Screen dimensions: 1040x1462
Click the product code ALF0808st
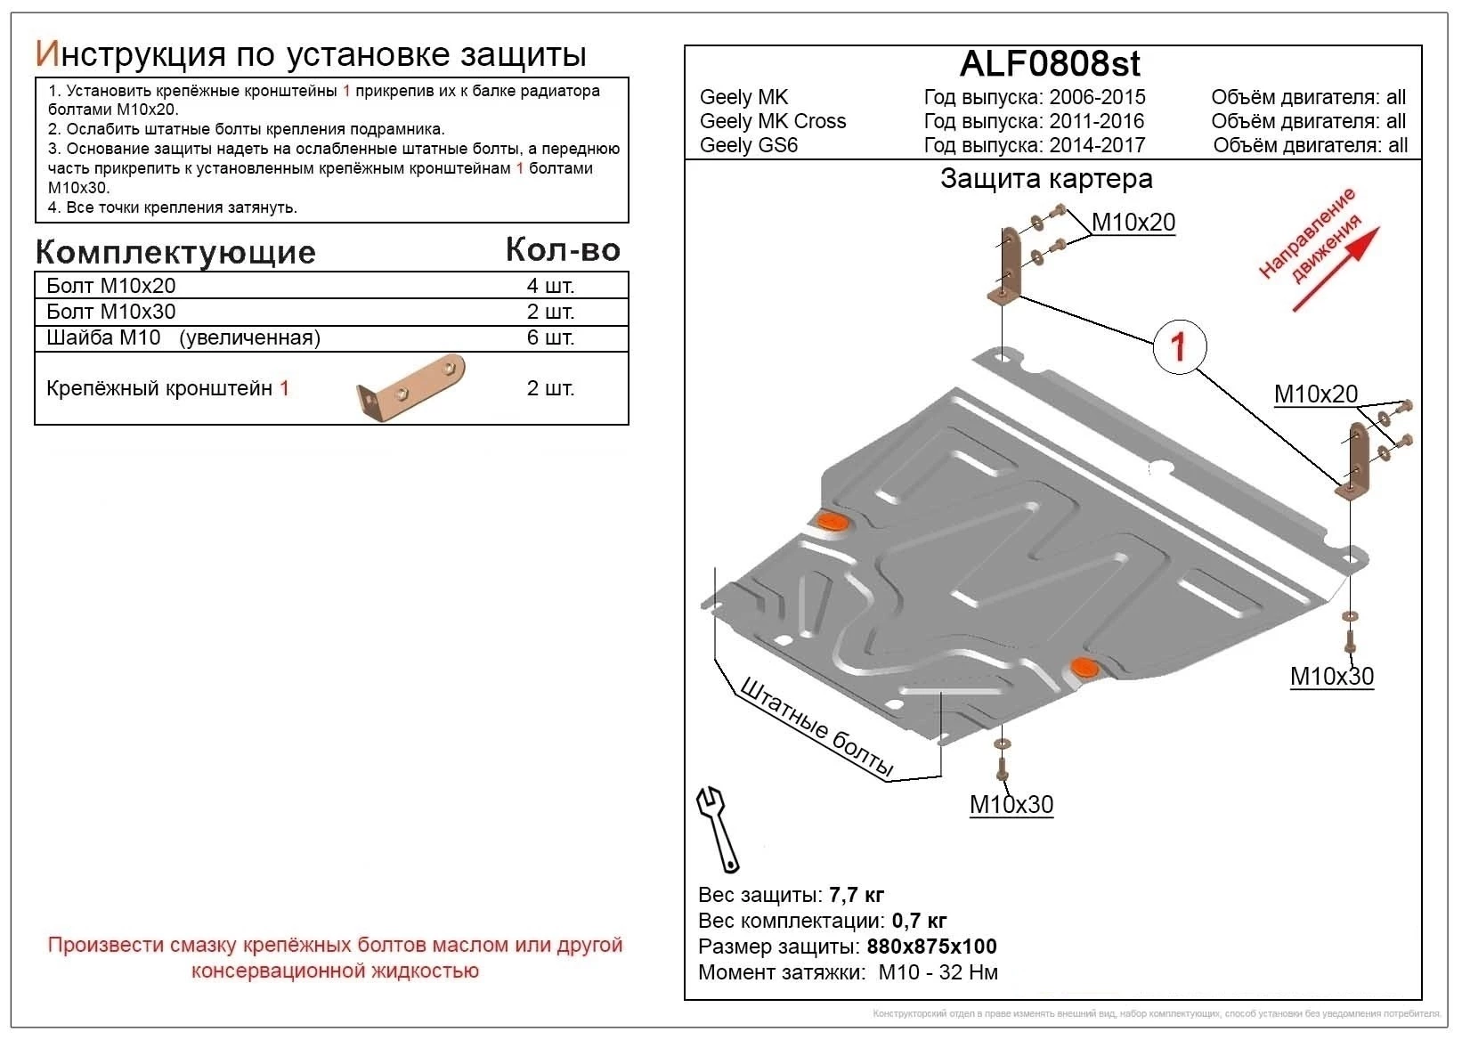click(x=1050, y=64)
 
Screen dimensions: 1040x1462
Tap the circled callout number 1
click(x=1180, y=346)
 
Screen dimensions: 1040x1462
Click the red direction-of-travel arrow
click(x=1335, y=269)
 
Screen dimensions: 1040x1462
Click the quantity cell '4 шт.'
click(x=550, y=286)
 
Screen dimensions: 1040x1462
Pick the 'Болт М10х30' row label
click(x=111, y=312)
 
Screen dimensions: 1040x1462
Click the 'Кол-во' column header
click(x=563, y=250)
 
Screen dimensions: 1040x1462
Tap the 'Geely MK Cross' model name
click(x=773, y=121)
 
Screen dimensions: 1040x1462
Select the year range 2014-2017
click(x=1096, y=145)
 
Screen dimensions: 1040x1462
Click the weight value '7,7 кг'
click(x=857, y=895)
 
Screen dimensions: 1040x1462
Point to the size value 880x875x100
click(x=931, y=947)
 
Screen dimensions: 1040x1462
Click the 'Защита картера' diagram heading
click(x=1046, y=179)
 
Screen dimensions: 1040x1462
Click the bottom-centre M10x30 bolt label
click(x=1011, y=805)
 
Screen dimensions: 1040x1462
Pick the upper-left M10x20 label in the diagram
click(x=1133, y=223)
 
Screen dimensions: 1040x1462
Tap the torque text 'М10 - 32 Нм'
click(x=938, y=972)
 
